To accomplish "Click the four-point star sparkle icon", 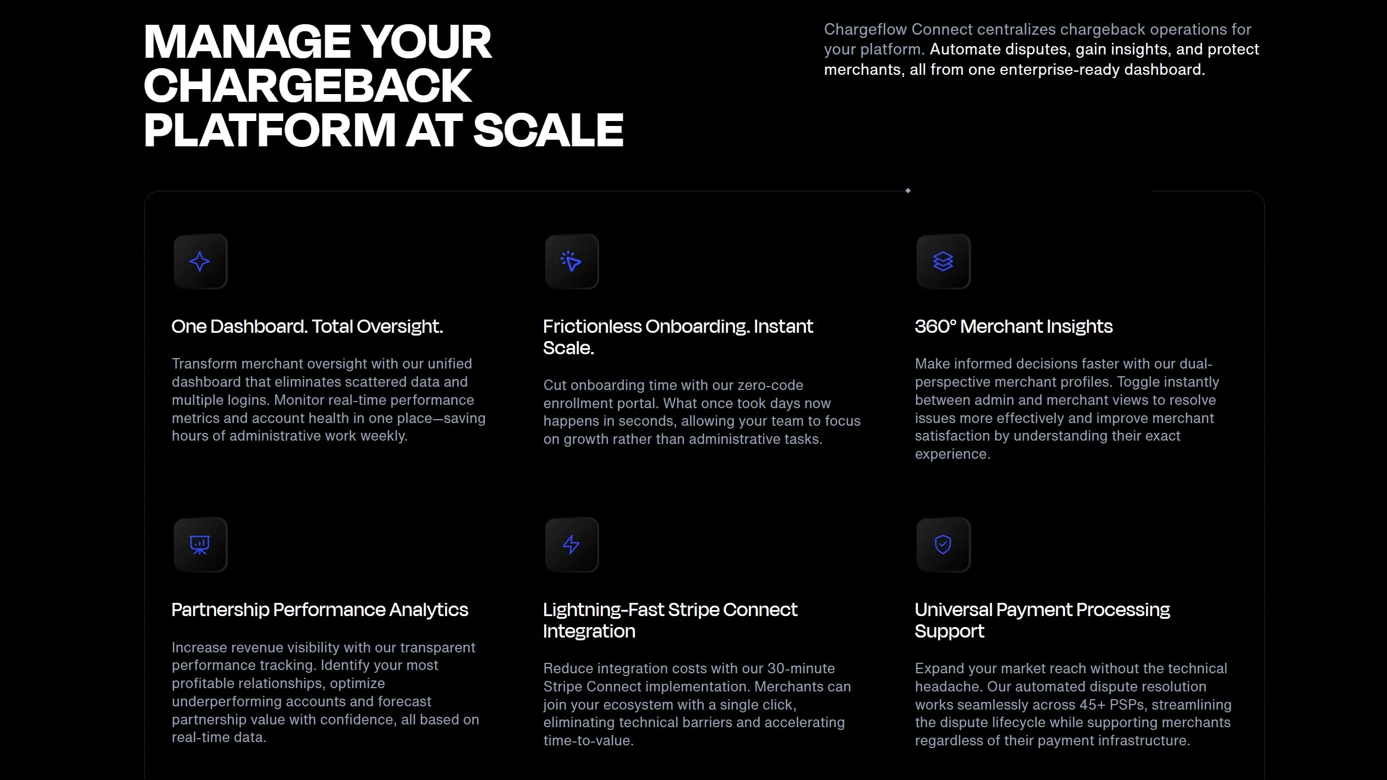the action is pos(200,261).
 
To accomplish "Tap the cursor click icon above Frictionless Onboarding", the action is pos(571,261).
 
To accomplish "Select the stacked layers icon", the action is pos(943,261).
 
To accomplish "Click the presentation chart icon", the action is pos(200,545).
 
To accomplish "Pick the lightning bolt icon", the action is pos(571,545).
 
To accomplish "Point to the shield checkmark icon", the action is pos(943,545).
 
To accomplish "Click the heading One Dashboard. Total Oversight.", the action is pos(307,327).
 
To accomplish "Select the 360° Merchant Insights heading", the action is pos(1013,327).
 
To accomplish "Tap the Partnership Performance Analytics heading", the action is pos(320,610).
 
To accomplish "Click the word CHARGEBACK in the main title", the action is pos(308,86).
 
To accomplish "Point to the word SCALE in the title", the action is pos(548,130).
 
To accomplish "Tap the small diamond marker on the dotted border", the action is pos(908,191).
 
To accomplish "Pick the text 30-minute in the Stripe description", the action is pos(801,668).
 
